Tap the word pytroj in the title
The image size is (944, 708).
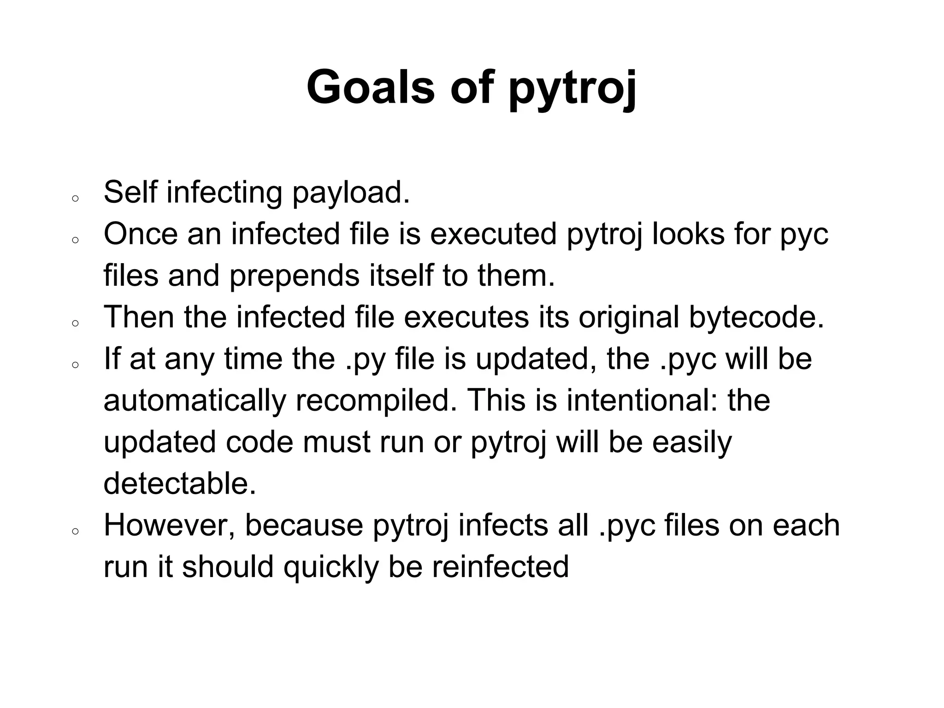(572, 88)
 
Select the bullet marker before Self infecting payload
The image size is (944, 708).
(75, 199)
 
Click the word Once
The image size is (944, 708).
(141, 234)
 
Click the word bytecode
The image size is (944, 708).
(756, 318)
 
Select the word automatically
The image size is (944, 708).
(195, 401)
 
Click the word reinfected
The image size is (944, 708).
(500, 566)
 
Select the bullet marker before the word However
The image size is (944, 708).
(75, 531)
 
